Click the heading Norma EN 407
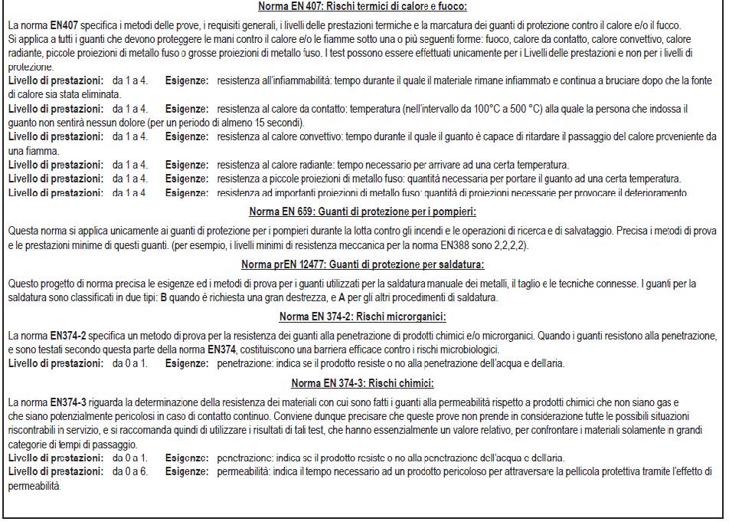click(x=364, y=7)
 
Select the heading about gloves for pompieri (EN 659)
click(x=362, y=212)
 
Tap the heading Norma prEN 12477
click(x=362, y=265)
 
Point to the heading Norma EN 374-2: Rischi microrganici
click(x=362, y=317)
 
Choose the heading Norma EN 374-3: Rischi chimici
click(x=362, y=383)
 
